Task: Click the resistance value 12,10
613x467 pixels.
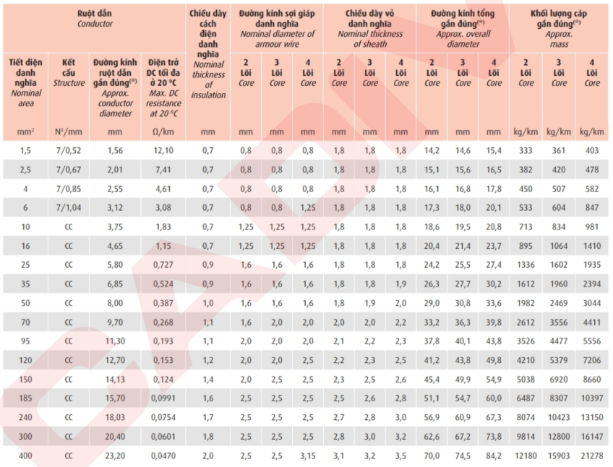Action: [163, 150]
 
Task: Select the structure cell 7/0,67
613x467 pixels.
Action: [69, 170]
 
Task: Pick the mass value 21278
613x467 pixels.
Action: [592, 455]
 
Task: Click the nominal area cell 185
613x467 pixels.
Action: [25, 398]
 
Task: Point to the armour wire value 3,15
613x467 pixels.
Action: [308, 455]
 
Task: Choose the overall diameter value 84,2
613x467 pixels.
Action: [494, 455]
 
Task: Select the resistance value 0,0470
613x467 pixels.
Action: [163, 455]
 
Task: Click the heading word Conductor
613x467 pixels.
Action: [95, 24]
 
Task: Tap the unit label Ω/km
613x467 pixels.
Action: [163, 131]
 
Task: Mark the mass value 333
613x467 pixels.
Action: [526, 150]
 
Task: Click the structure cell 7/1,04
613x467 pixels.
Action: [69, 208]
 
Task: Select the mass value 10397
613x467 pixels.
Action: [592, 398]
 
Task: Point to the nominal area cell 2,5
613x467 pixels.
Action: [25, 170]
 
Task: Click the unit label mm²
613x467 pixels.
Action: [25, 131]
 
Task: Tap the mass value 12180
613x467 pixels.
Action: [526, 455]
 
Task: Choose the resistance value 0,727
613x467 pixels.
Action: [163, 265]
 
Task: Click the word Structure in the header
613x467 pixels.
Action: [69, 83]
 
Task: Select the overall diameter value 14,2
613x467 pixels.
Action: [432, 150]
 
